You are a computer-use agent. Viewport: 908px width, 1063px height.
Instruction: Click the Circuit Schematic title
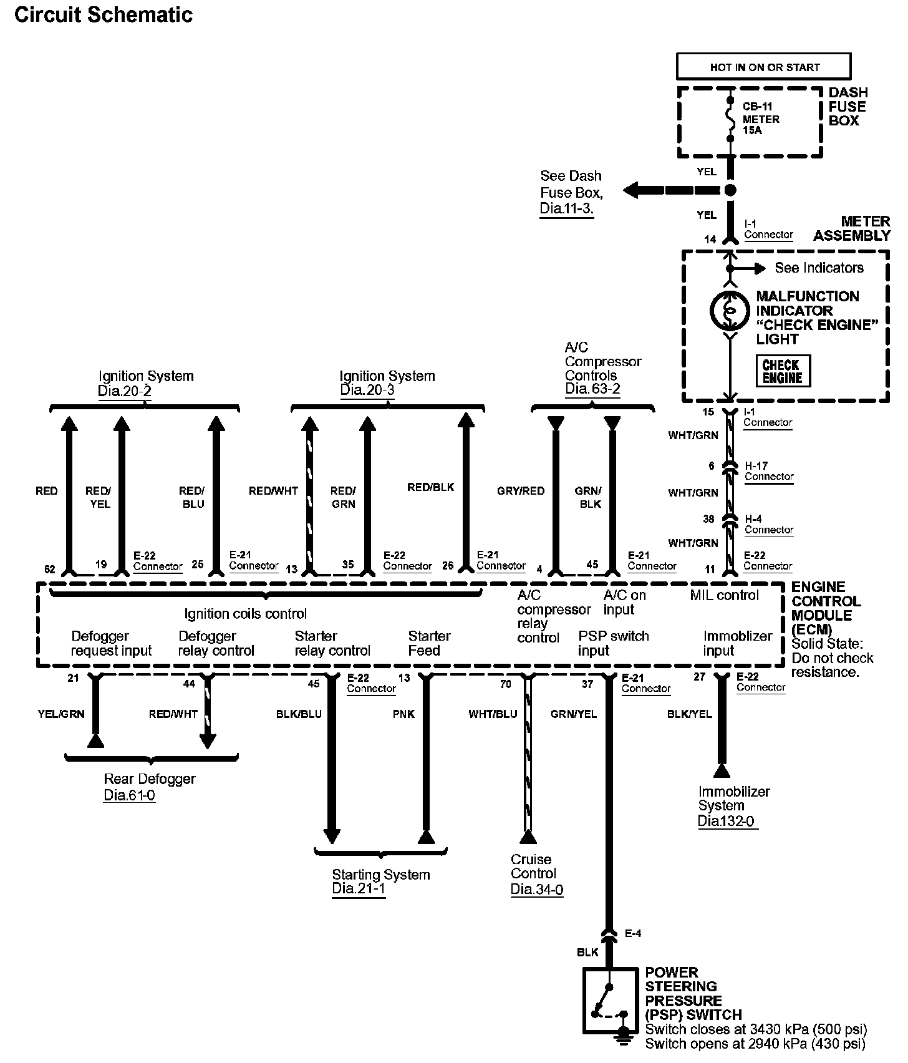tap(104, 15)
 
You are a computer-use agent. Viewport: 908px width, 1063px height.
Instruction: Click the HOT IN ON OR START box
tap(764, 67)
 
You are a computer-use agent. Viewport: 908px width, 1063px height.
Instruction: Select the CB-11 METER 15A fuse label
tap(760, 119)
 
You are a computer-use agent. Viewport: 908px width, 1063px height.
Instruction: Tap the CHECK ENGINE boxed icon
tap(783, 371)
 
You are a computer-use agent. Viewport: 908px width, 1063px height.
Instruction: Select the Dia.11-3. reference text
tap(566, 208)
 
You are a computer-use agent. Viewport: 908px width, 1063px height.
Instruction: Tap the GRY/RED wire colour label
tap(521, 491)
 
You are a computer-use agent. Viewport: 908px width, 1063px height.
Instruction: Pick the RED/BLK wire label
tap(431, 487)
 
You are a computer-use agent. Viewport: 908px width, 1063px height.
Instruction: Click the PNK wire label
tap(403, 714)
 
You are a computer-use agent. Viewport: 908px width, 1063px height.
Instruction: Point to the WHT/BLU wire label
tap(493, 714)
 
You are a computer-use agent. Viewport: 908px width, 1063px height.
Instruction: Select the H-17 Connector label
tap(768, 471)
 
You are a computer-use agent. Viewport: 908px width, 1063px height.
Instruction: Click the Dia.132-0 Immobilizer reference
tap(727, 822)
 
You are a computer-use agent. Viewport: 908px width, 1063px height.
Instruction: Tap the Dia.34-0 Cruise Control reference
tap(536, 890)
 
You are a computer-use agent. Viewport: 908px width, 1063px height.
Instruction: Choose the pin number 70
tap(505, 684)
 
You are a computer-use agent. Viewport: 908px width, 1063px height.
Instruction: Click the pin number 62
tap(50, 569)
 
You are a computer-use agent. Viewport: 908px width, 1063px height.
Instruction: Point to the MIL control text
tap(724, 595)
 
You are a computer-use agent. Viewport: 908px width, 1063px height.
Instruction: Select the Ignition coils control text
tap(245, 614)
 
